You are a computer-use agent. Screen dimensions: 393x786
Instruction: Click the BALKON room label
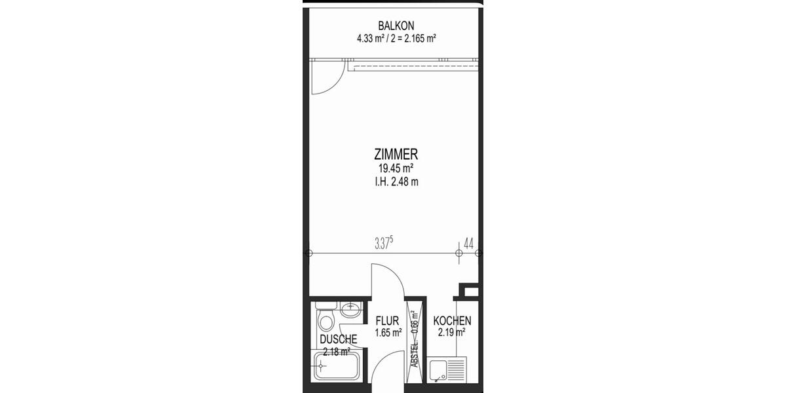pos(396,26)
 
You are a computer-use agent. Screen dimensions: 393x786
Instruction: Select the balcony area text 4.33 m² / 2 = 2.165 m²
pos(396,38)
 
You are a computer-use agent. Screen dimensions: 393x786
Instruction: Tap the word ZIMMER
pos(396,155)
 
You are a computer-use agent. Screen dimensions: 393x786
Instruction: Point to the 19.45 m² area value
pos(396,169)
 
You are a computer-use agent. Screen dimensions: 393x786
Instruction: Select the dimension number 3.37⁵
pos(384,244)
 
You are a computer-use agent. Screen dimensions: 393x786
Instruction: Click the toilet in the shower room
pos(326,322)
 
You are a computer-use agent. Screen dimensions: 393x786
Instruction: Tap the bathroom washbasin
pos(350,309)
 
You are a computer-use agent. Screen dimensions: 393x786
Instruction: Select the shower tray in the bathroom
pos(338,365)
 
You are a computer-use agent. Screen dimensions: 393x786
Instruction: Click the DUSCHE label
pos(339,339)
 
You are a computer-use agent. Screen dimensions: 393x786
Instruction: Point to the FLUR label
pos(388,321)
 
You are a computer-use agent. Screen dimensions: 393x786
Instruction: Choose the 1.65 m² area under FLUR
pos(388,333)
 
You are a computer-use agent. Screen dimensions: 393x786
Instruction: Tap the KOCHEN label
pos(452,321)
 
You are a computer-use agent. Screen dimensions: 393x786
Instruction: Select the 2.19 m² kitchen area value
pos(452,333)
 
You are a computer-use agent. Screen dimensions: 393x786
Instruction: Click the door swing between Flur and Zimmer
pos(386,282)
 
